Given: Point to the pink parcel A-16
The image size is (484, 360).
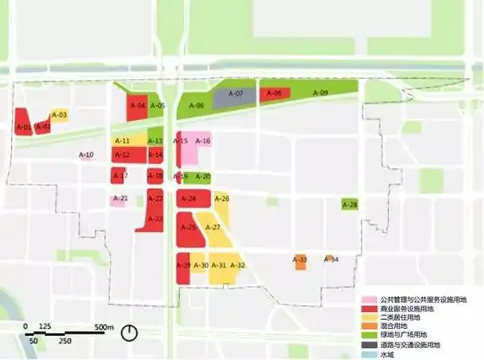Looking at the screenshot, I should click(202, 143).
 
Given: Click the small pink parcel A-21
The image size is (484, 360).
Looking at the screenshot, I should click(119, 199).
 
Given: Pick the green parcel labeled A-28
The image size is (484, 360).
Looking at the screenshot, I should click(349, 205).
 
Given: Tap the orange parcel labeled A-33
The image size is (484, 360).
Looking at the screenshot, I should click(300, 260).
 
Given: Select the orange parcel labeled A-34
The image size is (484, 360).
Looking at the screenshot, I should click(330, 260).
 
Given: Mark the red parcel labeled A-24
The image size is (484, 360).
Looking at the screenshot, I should click(190, 198).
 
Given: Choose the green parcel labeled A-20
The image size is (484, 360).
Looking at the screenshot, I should click(202, 177).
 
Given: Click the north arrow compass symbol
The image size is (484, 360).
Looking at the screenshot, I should click(131, 334).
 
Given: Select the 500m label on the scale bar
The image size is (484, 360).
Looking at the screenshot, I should click(105, 327).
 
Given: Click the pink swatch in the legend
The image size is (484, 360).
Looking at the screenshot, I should click(368, 299).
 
